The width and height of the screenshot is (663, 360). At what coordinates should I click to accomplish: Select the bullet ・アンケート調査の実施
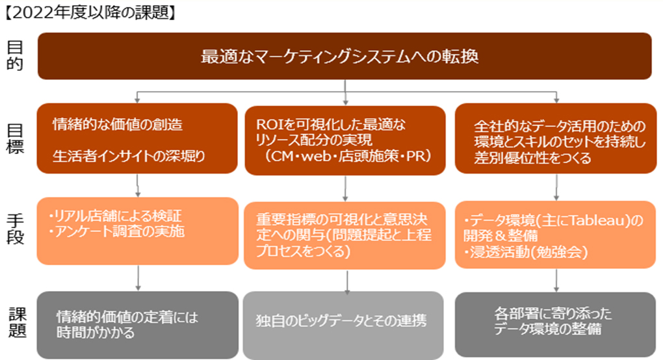click(115, 231)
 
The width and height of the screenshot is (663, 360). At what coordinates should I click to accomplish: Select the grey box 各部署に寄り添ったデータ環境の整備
click(555, 322)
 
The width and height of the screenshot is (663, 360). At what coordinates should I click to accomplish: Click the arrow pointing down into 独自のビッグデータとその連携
click(344, 280)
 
